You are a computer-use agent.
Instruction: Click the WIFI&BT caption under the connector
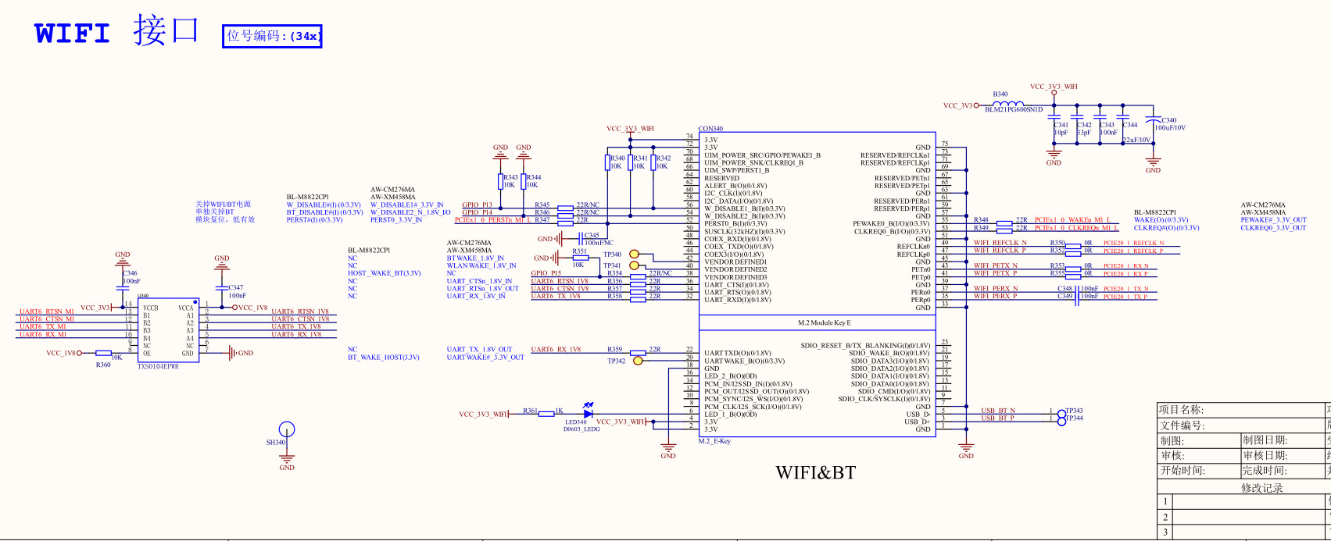pyautogui.click(x=815, y=472)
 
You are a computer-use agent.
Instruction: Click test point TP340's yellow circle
pyautogui.click(x=634, y=254)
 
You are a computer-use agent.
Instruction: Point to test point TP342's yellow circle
pyautogui.click(x=638, y=361)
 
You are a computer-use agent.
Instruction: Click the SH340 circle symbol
pyautogui.click(x=287, y=429)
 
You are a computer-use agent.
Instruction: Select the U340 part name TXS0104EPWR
pyautogui.click(x=158, y=366)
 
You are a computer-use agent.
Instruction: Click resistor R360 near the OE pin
pyautogui.click(x=104, y=354)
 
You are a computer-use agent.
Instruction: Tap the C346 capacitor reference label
pyautogui.click(x=130, y=274)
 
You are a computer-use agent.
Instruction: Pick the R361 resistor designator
pyautogui.click(x=531, y=411)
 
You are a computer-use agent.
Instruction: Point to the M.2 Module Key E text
pyautogui.click(x=825, y=322)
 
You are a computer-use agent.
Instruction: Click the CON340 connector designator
pyautogui.click(x=710, y=130)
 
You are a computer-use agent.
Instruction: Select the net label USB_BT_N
pyautogui.click(x=998, y=411)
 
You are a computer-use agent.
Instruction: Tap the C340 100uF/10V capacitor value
pyautogui.click(x=1170, y=128)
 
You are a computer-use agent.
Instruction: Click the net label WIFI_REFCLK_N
pyautogui.click(x=996, y=243)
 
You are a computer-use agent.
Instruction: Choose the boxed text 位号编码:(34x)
pyautogui.click(x=272, y=36)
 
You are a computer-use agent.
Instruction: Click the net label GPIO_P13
pyautogui.click(x=477, y=205)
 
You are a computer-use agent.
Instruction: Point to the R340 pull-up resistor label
pyautogui.click(x=617, y=158)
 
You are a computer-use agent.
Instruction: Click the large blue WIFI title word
pyautogui.click(x=72, y=34)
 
